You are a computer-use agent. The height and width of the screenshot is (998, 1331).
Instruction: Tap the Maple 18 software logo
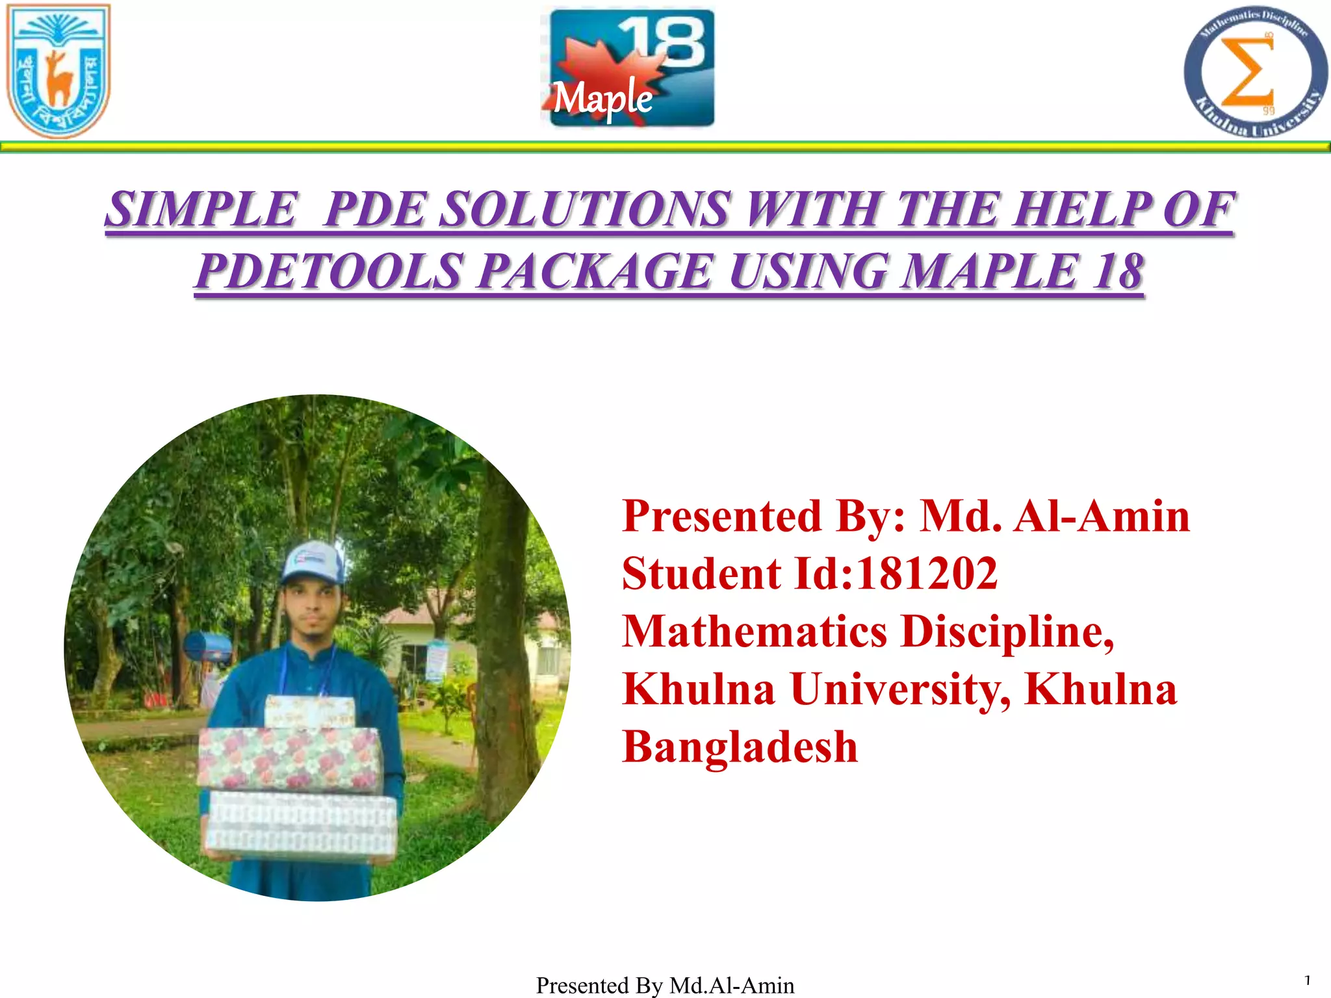(x=628, y=68)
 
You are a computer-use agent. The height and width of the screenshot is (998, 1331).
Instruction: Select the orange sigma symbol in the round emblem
(x=1247, y=71)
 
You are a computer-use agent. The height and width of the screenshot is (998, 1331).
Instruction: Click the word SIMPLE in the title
(x=201, y=209)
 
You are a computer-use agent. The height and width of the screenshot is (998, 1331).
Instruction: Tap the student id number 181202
(x=926, y=574)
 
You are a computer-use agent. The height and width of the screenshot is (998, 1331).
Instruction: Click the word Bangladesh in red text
(x=740, y=746)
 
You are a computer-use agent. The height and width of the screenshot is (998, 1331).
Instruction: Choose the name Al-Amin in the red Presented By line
(x=1101, y=516)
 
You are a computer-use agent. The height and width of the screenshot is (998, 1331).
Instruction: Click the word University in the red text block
(x=900, y=689)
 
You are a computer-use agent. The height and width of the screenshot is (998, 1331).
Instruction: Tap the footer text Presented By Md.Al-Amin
(x=665, y=985)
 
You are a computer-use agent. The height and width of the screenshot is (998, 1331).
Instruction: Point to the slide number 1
(x=1307, y=980)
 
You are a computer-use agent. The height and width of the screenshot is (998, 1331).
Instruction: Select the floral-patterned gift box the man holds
(x=289, y=758)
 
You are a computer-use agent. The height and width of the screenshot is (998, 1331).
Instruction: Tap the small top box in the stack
(x=310, y=711)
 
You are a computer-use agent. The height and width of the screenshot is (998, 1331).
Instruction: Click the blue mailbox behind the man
(x=207, y=648)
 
